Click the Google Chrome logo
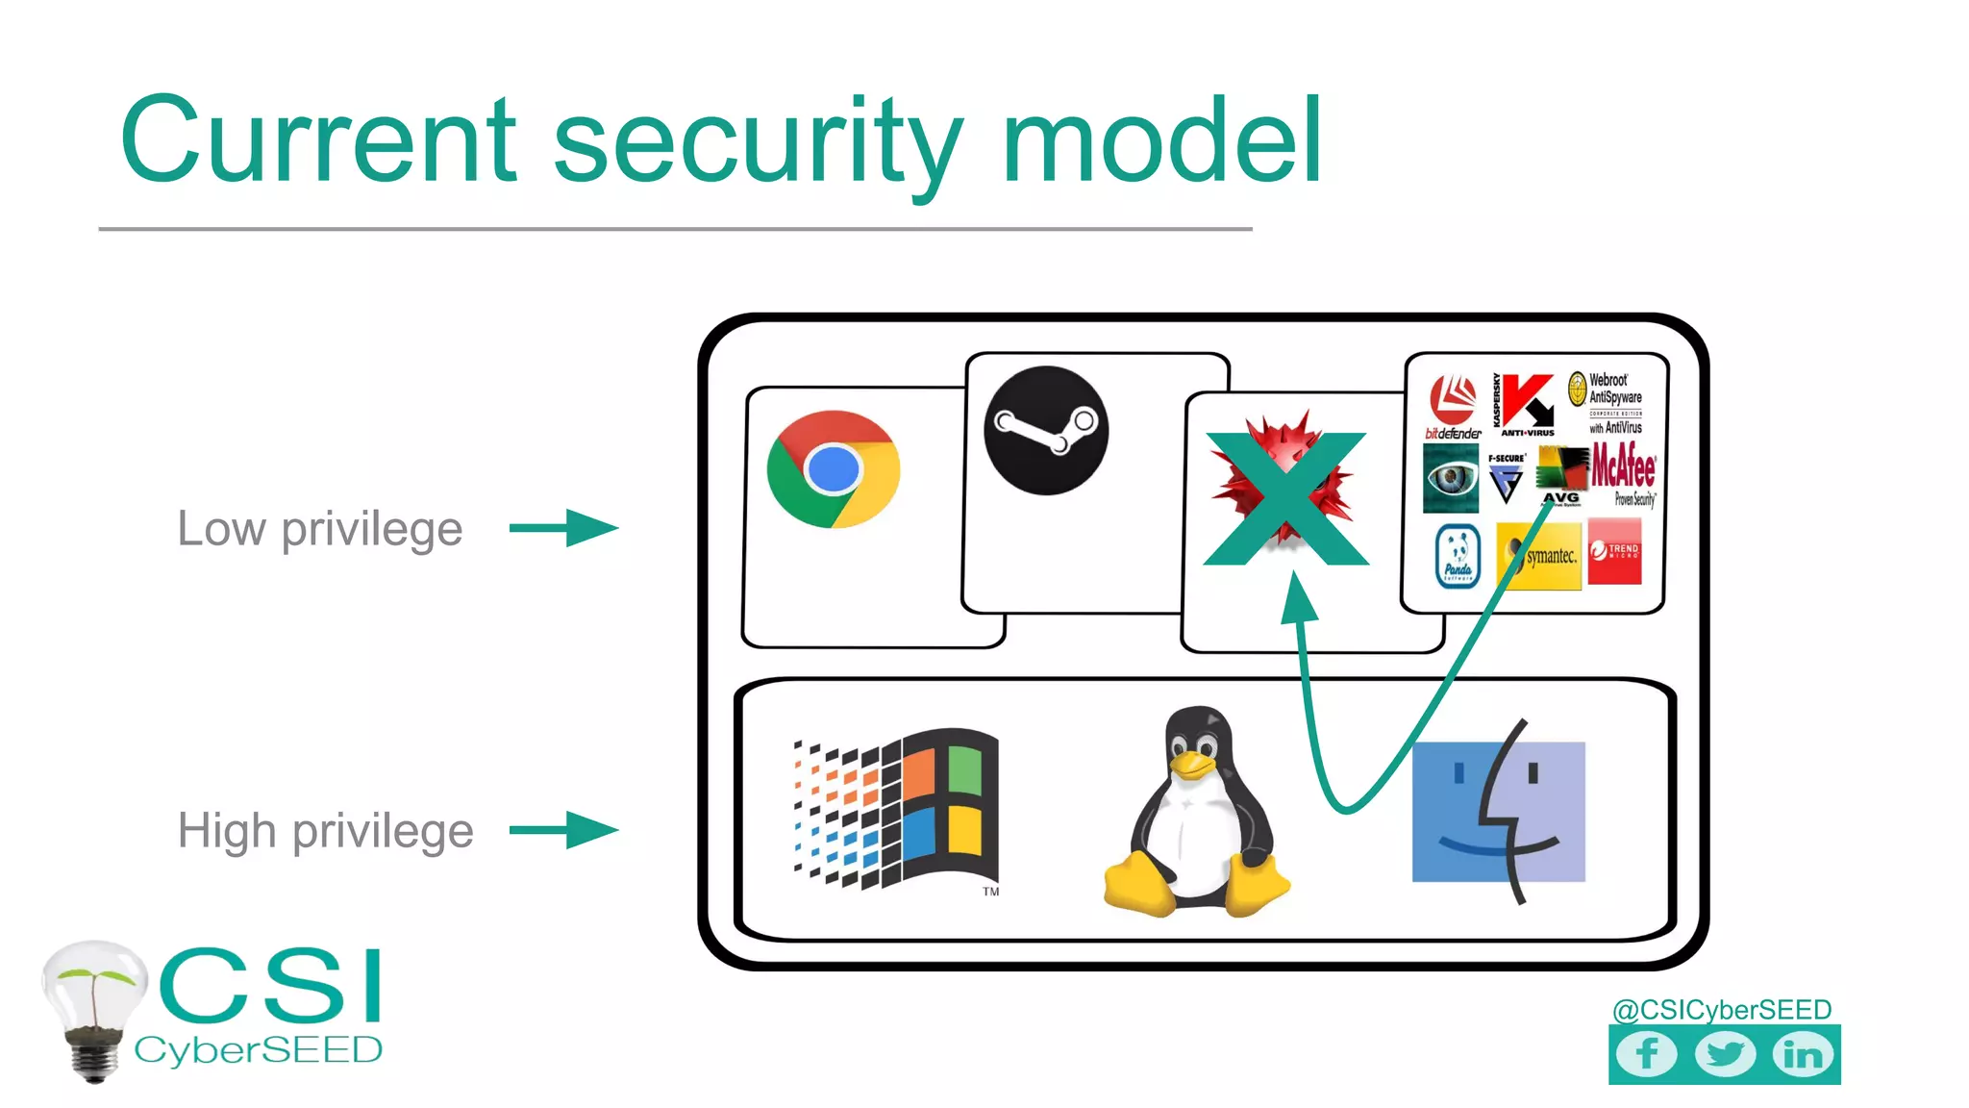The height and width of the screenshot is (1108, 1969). coord(834,469)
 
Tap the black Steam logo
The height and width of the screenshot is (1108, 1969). coord(1046,430)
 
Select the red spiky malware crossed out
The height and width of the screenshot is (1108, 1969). coord(1285,495)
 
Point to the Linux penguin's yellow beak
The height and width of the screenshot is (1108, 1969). coord(1192,763)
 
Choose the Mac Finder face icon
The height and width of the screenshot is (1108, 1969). coord(1498,811)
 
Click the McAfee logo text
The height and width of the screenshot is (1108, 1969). coord(1623,467)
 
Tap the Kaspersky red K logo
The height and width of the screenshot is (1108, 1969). coord(1526,401)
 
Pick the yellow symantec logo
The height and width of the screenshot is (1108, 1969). coord(1539,555)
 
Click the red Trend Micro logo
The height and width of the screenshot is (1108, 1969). coord(1614,551)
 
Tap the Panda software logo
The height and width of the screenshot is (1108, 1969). coord(1458,556)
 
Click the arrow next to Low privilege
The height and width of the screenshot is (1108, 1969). coord(564,528)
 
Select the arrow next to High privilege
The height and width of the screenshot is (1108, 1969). coord(564,830)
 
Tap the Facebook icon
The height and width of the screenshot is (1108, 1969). coord(1646,1054)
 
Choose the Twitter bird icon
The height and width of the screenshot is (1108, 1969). coord(1725,1054)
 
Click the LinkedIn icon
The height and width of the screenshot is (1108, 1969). coord(1803,1054)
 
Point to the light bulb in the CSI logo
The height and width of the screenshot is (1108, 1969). coord(93,1000)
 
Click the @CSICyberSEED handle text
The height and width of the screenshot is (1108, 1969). coord(1721,1009)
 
